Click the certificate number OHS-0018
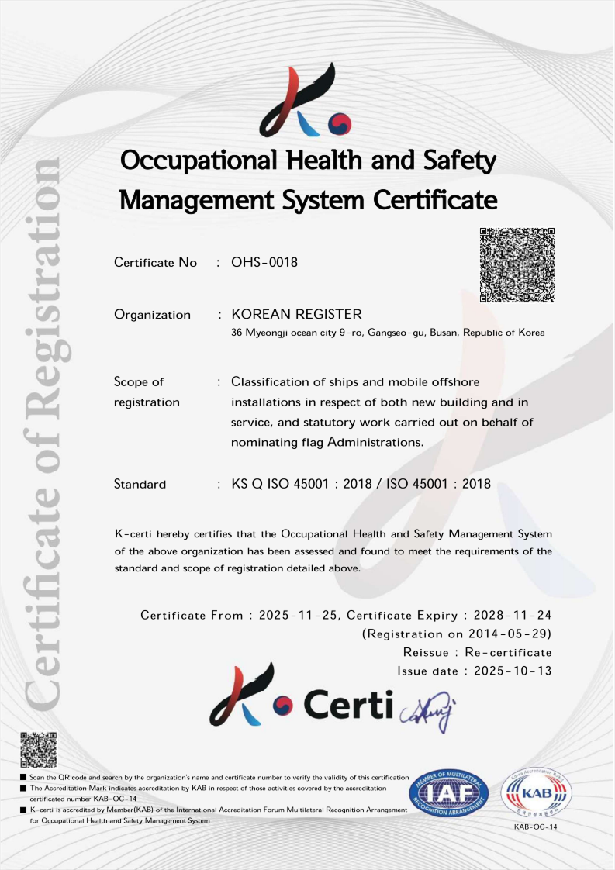[264, 262]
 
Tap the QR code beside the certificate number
[517, 265]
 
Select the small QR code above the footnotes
[38, 749]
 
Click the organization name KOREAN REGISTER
[297, 314]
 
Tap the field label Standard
[140, 484]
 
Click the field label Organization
[152, 314]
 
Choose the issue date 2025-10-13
[513, 671]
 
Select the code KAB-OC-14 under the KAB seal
[536, 827]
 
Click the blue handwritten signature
[428, 709]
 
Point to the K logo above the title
[306, 101]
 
